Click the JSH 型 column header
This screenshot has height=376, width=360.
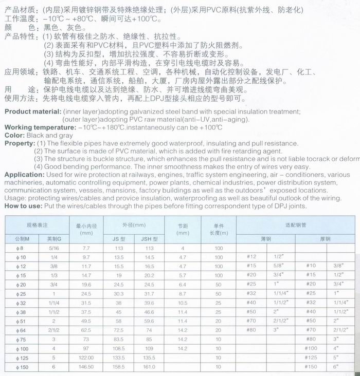pos(149,238)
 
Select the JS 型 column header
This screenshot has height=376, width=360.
pos(119,238)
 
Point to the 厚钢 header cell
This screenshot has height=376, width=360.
pos(325,238)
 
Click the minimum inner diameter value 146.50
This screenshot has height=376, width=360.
pos(86,368)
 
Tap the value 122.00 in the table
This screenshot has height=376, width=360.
pos(86,359)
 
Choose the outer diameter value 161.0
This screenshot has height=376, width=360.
pos(149,368)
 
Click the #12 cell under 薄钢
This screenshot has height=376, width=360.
pos(251,256)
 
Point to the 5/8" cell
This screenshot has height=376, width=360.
pos(279,266)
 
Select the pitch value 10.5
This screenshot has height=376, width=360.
pos(183,303)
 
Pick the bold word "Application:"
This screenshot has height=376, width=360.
pos(25,175)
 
